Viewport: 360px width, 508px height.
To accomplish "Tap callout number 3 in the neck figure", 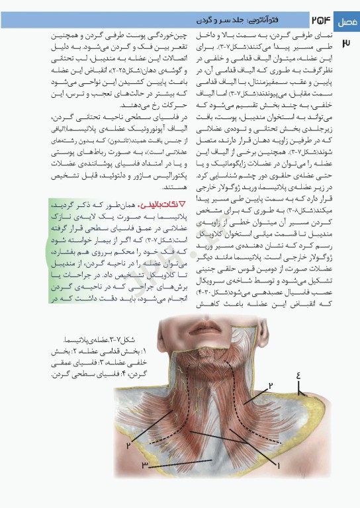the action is [x=144, y=466].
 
